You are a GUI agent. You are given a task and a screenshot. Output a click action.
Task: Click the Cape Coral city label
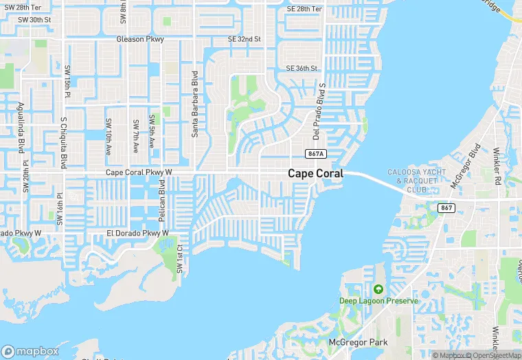point(315,174)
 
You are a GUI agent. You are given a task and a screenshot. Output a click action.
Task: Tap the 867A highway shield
point(316,154)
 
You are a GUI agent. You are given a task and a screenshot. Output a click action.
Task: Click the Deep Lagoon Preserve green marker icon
point(378,289)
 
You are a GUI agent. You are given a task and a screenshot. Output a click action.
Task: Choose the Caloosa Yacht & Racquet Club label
point(417,180)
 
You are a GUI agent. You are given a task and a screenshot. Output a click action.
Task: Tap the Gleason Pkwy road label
point(140,39)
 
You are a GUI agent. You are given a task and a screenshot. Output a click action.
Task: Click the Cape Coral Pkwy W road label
point(138,172)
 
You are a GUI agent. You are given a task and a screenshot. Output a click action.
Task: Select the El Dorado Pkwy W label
point(137,234)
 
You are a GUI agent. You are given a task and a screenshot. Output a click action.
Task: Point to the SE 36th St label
point(302,68)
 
